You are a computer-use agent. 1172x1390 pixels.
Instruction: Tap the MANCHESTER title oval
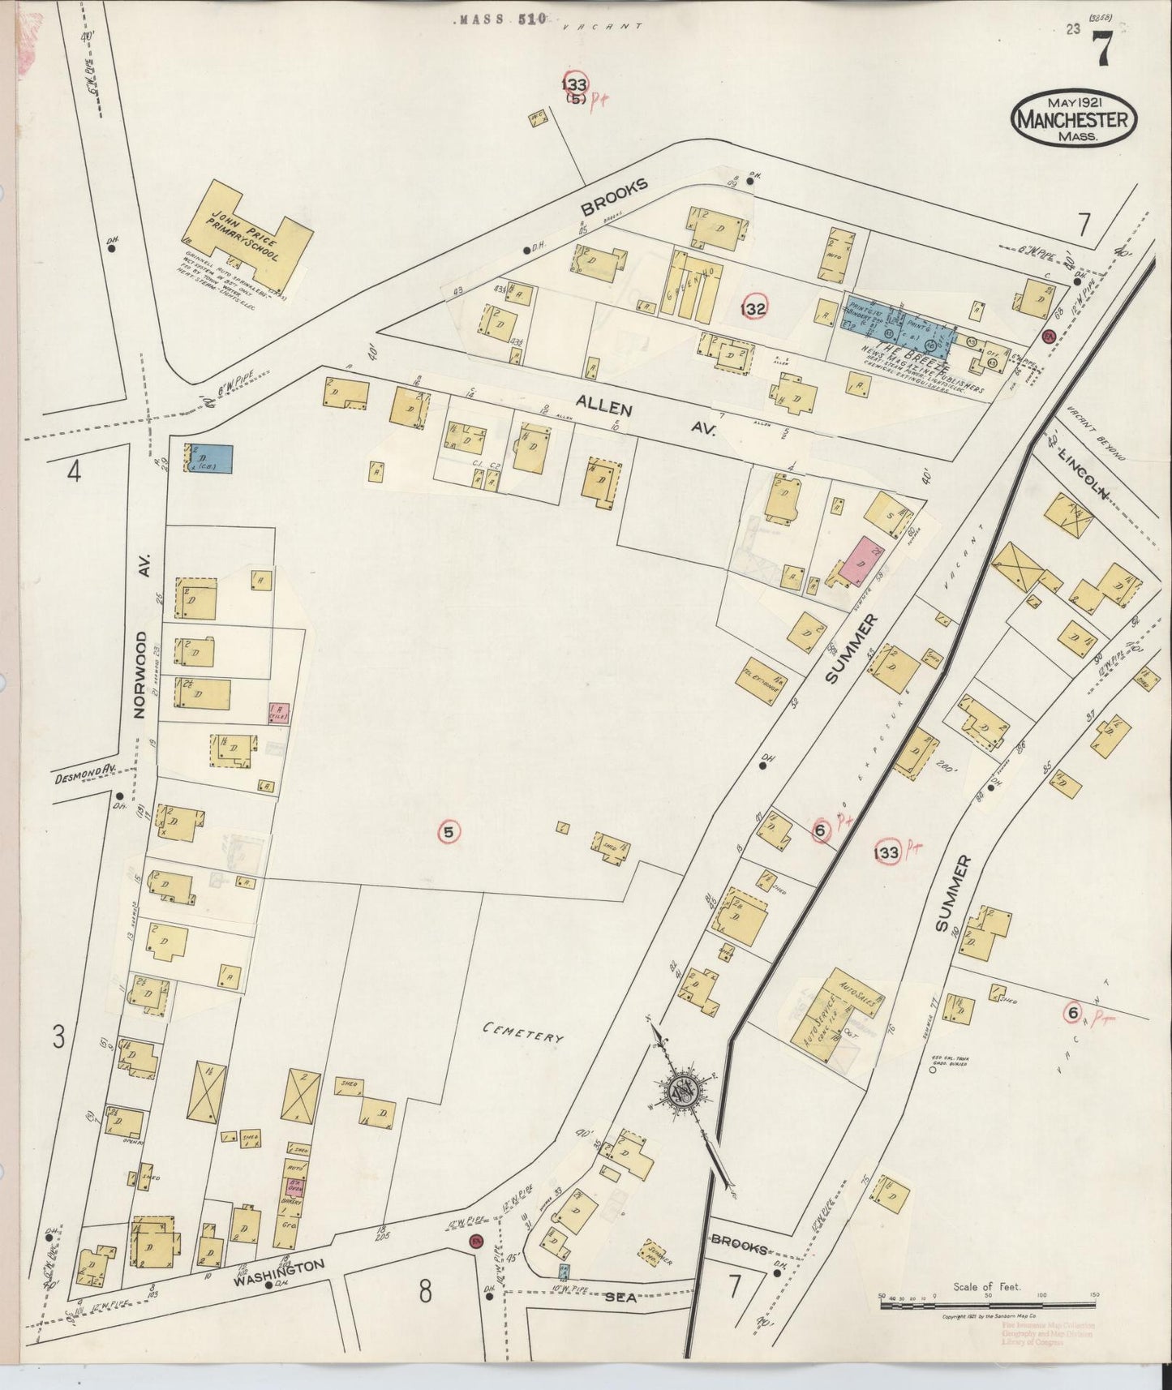tap(1073, 119)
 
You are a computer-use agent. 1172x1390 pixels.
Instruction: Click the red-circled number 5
tap(449, 830)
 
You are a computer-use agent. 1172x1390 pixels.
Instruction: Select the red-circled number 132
tap(753, 308)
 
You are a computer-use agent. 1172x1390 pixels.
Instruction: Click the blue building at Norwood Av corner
tap(209, 458)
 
